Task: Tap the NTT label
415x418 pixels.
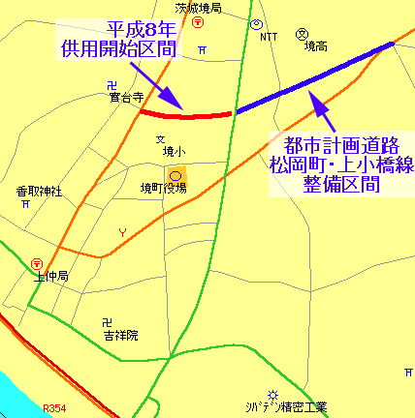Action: (269, 36)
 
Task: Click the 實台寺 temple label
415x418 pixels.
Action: (125, 98)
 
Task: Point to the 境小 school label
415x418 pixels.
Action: (173, 151)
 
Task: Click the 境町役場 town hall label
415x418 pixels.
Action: (163, 188)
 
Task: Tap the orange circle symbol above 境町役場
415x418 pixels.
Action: (176, 174)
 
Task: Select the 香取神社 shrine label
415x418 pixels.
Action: (39, 192)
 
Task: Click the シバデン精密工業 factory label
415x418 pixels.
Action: (288, 405)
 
